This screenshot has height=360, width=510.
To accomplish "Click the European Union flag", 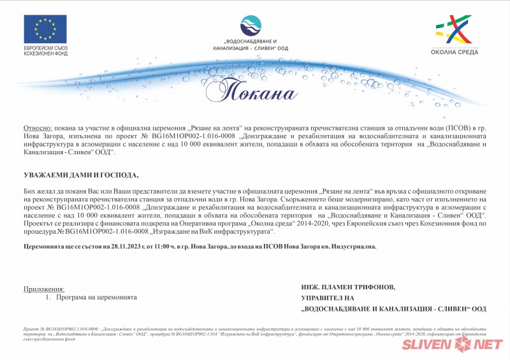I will [46, 29].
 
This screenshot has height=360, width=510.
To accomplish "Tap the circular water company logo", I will [251, 25].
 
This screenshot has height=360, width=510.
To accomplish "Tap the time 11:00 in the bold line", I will [162, 245].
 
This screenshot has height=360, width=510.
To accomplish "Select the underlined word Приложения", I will [44, 289].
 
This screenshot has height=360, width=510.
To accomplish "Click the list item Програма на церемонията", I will [96, 298].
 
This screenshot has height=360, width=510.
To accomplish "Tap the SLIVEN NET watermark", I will [452, 345].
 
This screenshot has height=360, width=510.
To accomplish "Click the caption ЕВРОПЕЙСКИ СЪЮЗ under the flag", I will [46, 48].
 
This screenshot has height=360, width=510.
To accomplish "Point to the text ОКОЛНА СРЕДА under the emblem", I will [453, 54].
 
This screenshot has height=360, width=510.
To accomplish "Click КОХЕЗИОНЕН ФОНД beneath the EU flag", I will [46, 54].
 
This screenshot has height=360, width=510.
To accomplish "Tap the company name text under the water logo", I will [251, 45].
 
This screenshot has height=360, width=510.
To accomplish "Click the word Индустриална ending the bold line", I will [354, 245].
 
